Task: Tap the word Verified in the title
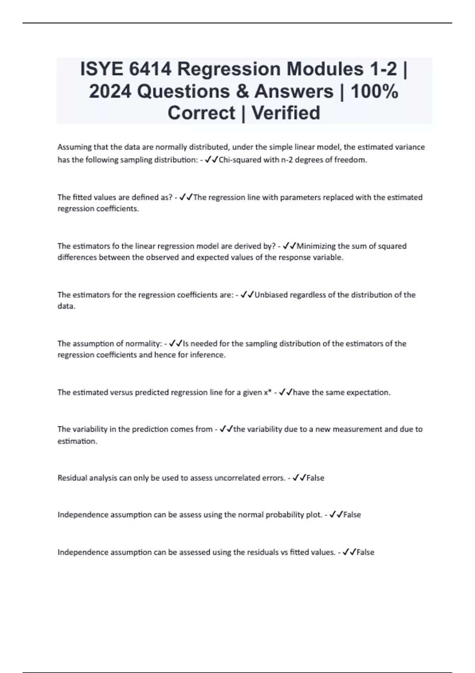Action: tap(286, 113)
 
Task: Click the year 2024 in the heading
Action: tap(110, 91)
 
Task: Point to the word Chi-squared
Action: tap(237, 160)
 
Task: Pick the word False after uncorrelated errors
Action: tap(315, 478)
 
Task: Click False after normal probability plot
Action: tap(352, 515)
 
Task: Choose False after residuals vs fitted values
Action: tap(365, 552)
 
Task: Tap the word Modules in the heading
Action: tap(325, 69)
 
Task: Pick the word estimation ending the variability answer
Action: tap(77, 441)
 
